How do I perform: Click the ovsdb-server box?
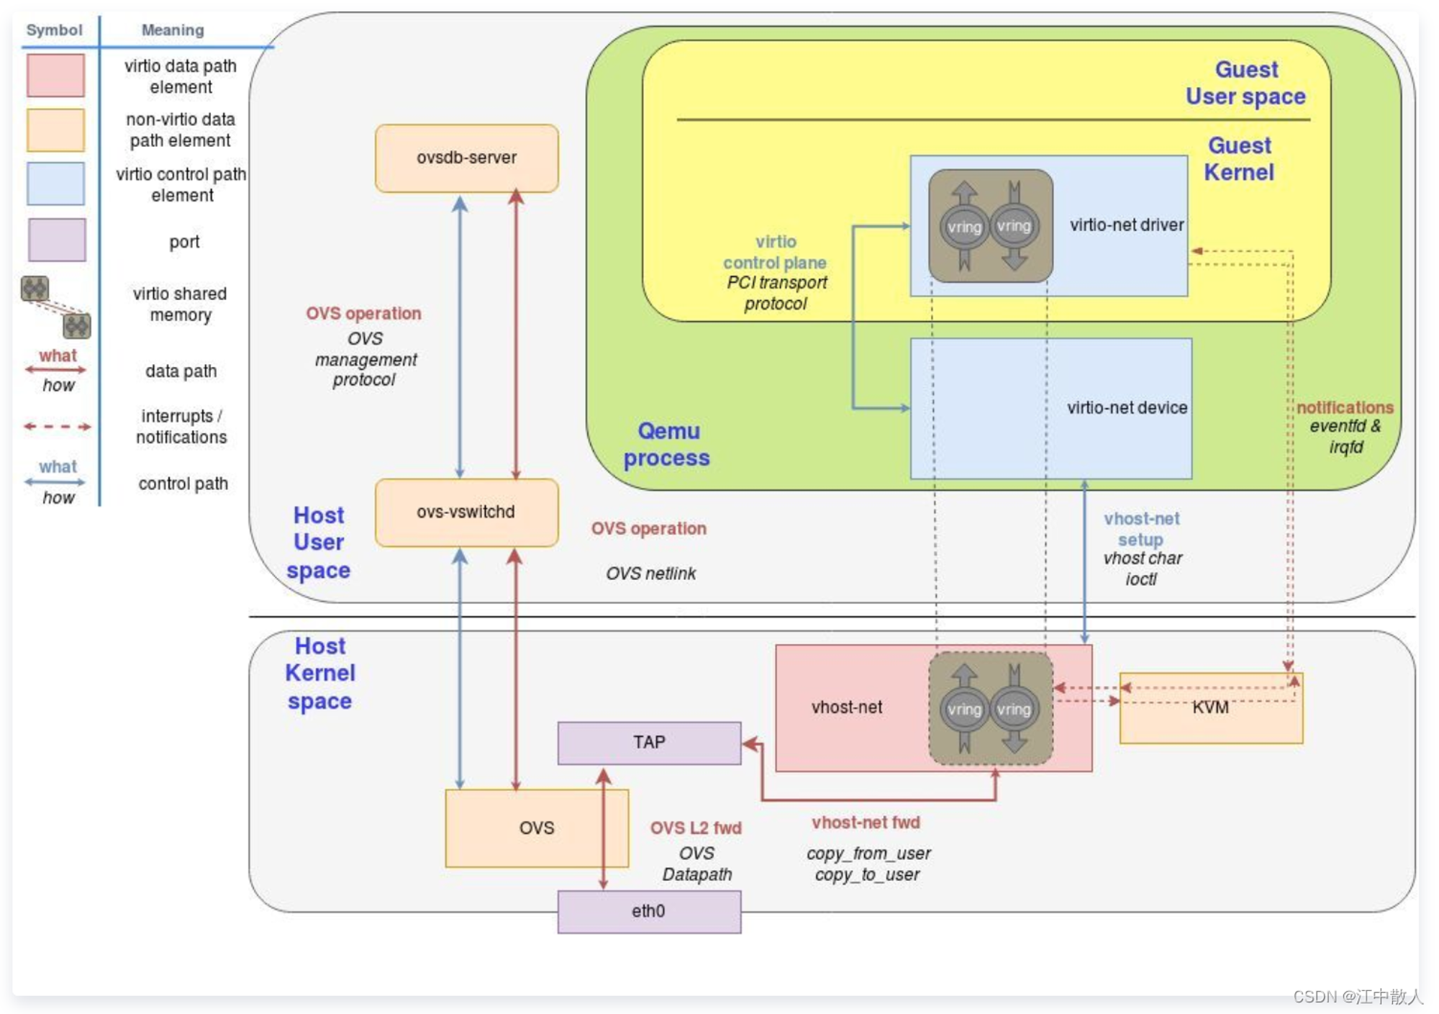466,158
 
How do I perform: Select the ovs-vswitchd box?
466,512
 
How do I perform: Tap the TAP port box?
649,743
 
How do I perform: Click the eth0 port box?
649,912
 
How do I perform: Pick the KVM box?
1211,708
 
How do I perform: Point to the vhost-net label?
846,707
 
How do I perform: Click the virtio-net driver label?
1126,225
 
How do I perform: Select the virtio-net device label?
1127,408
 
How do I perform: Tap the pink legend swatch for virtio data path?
55,76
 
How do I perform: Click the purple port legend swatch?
57,240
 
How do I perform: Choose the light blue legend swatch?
55,184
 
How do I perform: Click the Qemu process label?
667,444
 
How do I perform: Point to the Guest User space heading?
1245,83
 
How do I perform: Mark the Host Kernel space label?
320,674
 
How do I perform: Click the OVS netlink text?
650,574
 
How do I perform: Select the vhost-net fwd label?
866,823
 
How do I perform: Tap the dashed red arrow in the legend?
57,427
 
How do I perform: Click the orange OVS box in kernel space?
537,828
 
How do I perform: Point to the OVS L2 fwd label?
696,828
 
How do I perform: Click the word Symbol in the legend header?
54,30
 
